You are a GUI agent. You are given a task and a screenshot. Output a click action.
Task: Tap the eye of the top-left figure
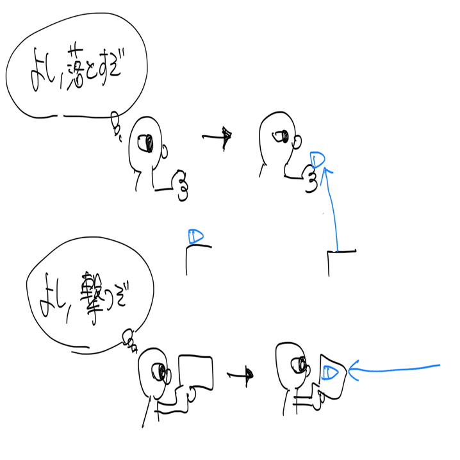click(146, 142)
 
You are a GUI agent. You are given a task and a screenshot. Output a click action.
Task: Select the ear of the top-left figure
click(165, 152)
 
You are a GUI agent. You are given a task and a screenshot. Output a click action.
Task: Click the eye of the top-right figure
click(280, 136)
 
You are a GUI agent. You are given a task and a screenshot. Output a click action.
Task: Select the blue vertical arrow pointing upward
click(333, 205)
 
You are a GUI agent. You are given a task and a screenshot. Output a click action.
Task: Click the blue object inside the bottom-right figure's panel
click(331, 372)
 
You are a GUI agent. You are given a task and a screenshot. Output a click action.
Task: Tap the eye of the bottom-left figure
click(158, 370)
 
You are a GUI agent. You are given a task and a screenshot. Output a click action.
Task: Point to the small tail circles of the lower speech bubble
click(131, 339)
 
